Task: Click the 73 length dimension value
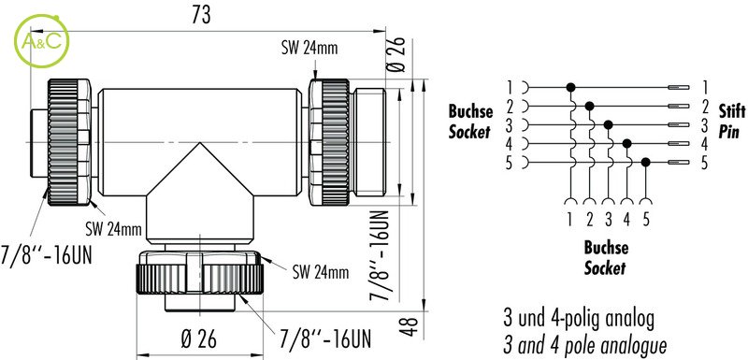pos(201,16)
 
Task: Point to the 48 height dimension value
pos(410,326)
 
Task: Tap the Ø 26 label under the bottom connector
pos(199,339)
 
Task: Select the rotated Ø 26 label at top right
pos(396,54)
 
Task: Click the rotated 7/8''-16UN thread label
pos(380,255)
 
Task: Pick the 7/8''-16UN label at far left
pos(46,256)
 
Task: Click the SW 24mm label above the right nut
pos(309,49)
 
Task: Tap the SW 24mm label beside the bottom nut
pos(321,272)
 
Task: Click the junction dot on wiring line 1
pos(570,87)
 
